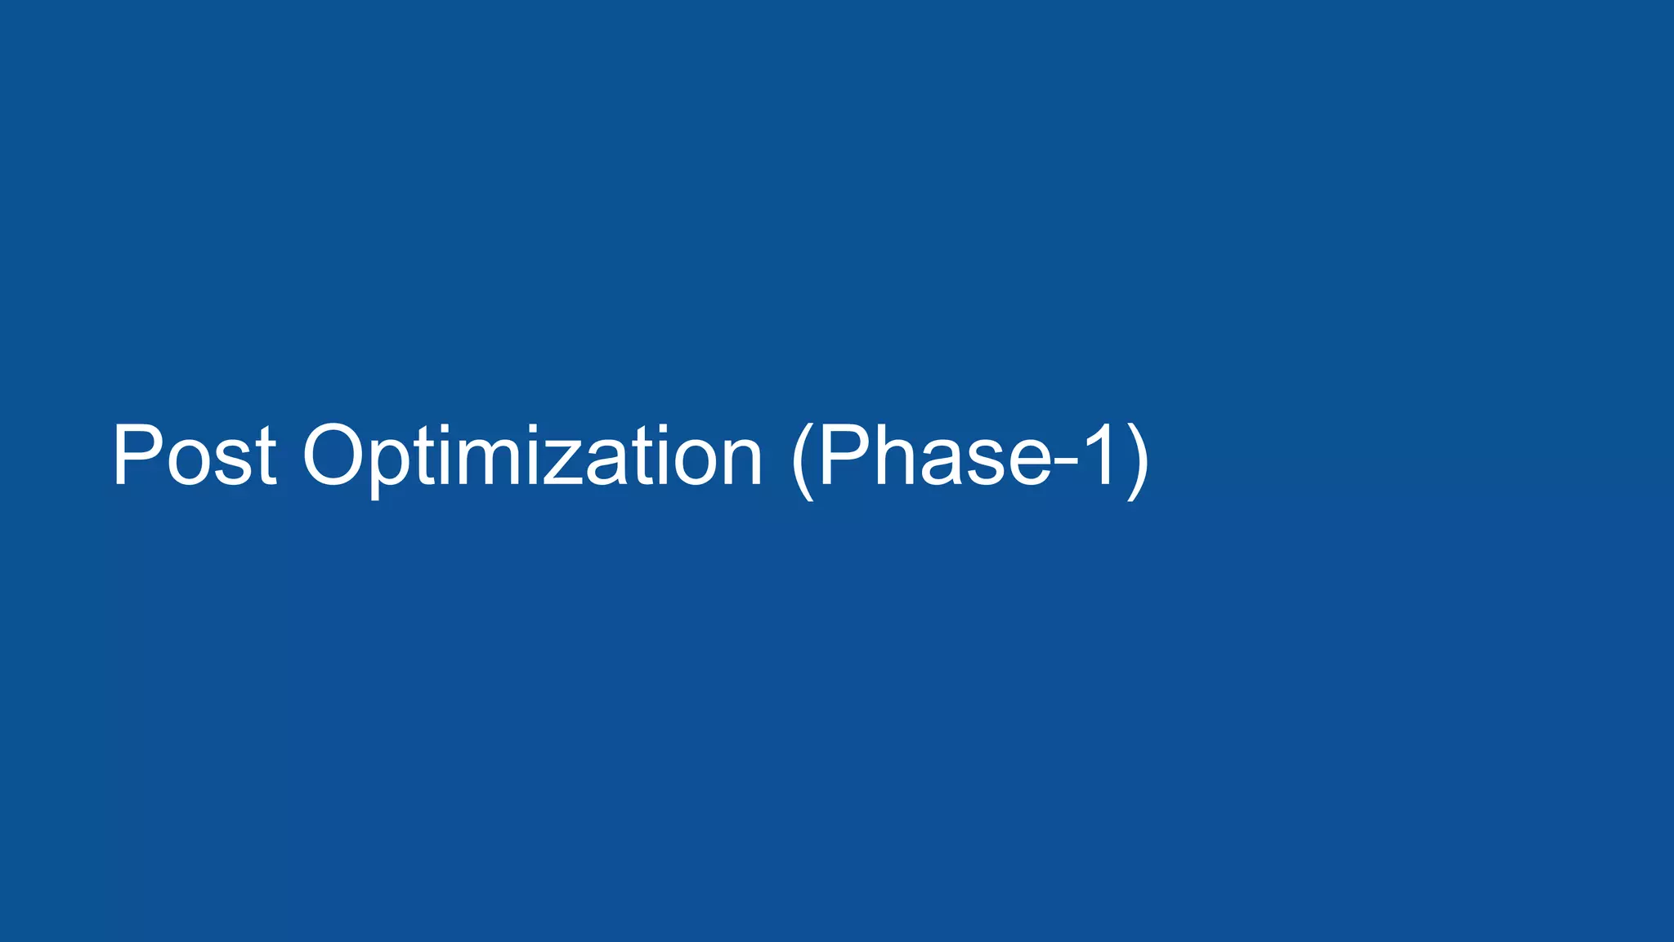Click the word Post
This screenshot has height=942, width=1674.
click(x=194, y=455)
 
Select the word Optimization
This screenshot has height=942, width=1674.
click(x=532, y=455)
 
